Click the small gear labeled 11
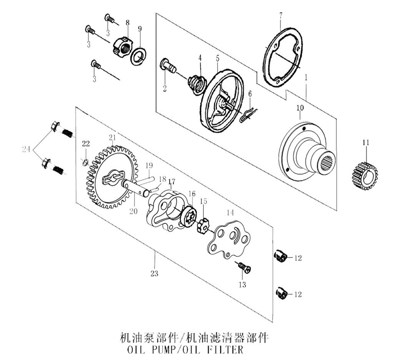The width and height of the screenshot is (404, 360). tap(364, 176)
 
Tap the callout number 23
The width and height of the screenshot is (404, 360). tap(155, 273)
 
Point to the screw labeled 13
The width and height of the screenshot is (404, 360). tap(244, 267)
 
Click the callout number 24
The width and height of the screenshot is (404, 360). tap(26, 149)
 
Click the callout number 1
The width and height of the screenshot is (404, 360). tap(306, 77)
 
